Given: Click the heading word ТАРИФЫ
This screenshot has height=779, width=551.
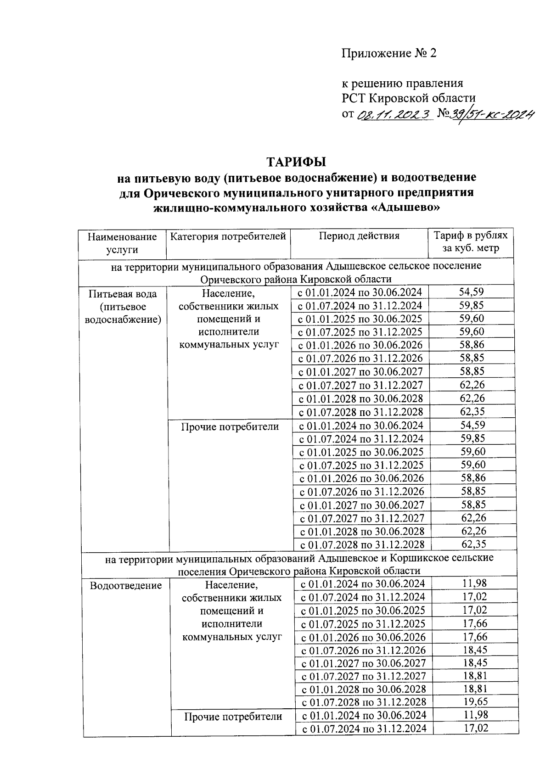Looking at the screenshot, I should coord(296,163).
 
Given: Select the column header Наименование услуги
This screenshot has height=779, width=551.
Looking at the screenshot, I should coord(122,243).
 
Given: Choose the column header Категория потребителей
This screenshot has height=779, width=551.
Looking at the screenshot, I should coord(228,236).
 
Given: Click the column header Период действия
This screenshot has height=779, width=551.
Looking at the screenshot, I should coord(359,236).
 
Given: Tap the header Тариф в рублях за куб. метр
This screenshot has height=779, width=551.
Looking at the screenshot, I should coord(471,242).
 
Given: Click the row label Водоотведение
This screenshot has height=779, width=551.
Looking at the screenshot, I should coord(126,586).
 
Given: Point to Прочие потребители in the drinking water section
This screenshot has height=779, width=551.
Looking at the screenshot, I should coord(230,427).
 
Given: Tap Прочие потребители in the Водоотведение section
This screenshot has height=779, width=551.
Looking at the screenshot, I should coord(233,717).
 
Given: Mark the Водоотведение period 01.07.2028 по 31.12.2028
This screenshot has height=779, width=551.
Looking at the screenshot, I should coord(363,702).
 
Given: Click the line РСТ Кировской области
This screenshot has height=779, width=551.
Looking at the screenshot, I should coord(408,98).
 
